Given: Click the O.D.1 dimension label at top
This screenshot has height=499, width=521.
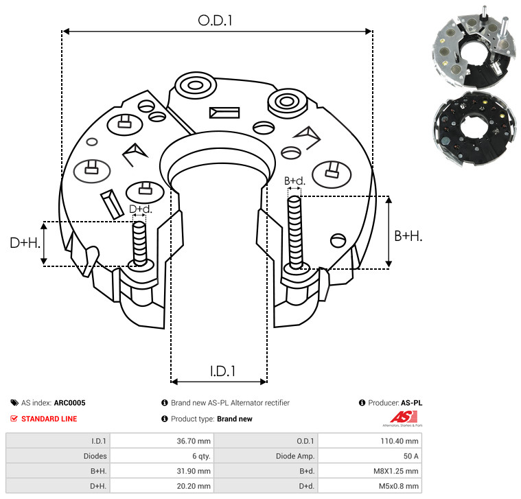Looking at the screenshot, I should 215,21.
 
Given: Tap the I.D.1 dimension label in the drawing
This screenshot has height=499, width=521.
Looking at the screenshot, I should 222,371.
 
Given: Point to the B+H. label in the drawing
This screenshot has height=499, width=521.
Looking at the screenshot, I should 408,235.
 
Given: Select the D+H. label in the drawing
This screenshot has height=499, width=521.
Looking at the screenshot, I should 25,243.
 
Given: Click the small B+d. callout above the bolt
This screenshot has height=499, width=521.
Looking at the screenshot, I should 294,181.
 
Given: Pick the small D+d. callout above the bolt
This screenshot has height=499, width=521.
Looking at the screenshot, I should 140,209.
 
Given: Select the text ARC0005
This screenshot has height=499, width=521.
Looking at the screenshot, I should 69,404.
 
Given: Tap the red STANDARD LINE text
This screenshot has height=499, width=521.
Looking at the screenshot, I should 49,419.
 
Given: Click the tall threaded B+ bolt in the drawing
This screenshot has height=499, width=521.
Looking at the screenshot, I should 295,233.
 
